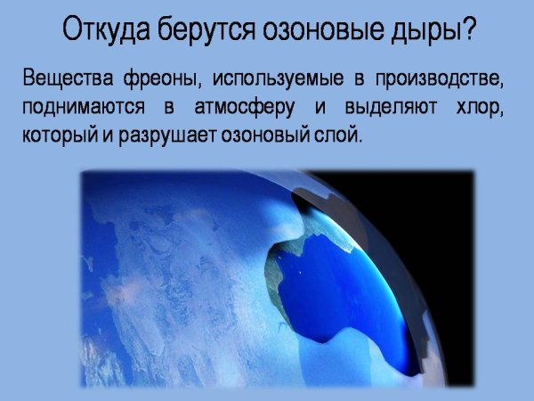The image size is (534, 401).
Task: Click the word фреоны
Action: [x=161, y=81]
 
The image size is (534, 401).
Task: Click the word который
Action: [x=58, y=138]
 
